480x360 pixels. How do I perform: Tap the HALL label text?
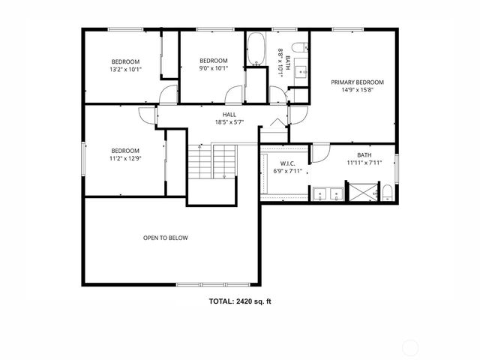click(219, 115)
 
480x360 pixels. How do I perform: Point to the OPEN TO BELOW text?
click(165, 238)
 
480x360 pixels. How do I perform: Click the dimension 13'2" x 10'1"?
click(126, 70)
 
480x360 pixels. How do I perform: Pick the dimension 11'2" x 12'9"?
click(126, 158)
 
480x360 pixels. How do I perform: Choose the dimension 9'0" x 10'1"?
click(213, 70)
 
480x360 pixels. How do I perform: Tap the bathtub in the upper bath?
click(256, 49)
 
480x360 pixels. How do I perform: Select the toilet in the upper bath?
click(299, 48)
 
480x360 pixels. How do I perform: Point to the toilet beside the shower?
click(386, 195)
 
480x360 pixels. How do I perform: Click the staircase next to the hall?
click(213, 160)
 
